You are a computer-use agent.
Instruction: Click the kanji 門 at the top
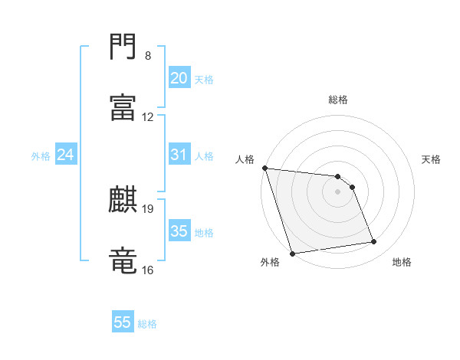(123, 47)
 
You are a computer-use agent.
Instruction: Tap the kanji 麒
(123, 199)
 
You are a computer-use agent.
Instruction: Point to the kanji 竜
(123, 260)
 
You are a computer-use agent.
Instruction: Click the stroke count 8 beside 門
(147, 56)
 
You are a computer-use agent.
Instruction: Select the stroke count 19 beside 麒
(148, 208)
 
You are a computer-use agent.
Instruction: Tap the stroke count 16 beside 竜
(148, 270)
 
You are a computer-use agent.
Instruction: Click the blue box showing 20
(179, 78)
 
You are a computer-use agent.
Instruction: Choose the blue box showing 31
(179, 155)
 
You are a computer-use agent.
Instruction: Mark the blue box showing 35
(179, 231)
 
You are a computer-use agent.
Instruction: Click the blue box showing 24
(65, 155)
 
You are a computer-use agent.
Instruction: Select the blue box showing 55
(123, 322)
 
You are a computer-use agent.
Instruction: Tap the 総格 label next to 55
(147, 324)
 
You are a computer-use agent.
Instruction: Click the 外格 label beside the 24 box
(41, 156)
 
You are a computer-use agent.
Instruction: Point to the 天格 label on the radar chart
(432, 159)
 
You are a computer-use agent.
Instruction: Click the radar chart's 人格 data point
(264, 168)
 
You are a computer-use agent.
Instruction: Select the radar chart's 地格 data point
(374, 242)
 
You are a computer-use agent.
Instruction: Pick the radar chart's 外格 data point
(292, 253)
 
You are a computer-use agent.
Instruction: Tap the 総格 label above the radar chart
(338, 100)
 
